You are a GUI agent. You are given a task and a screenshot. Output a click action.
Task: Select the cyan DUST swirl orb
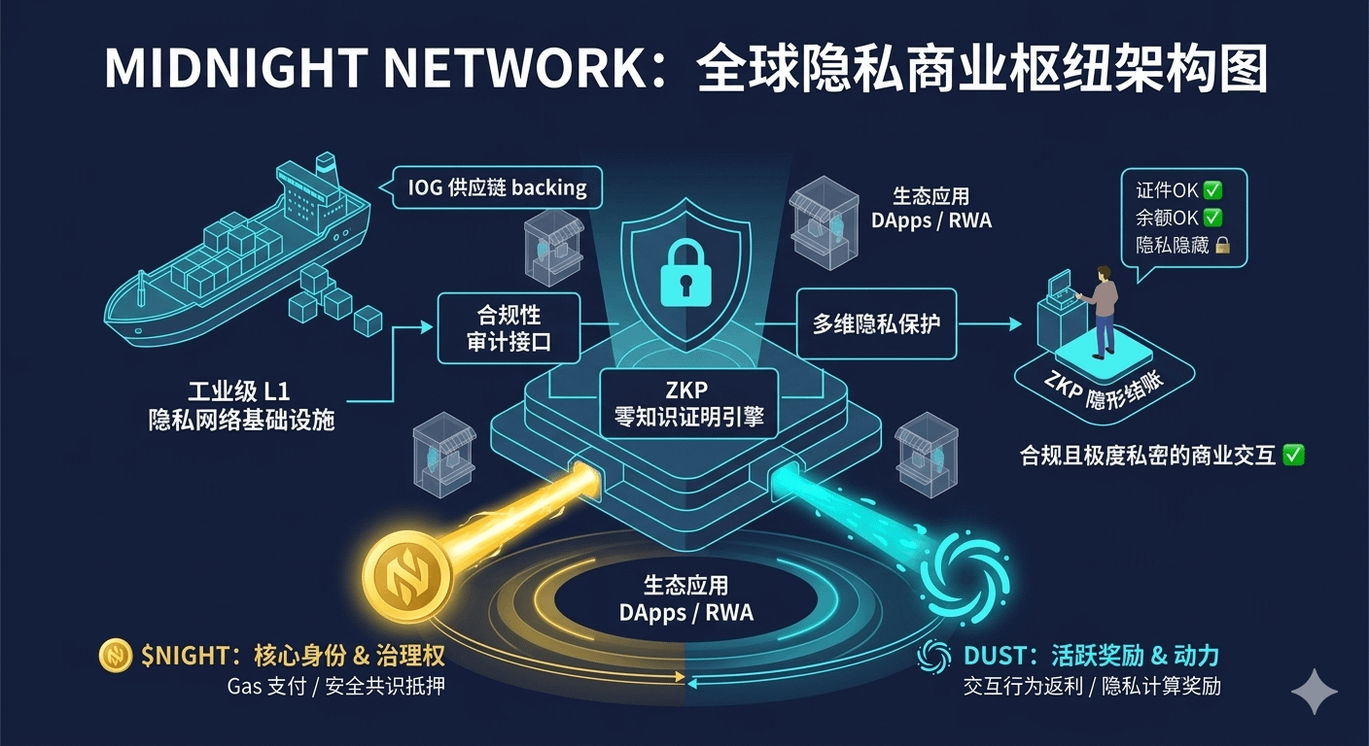964,579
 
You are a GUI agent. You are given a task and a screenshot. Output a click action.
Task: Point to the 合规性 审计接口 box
509,330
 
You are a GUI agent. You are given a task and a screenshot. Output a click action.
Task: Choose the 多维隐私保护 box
875,324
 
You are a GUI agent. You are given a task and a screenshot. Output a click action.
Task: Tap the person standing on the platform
1103,310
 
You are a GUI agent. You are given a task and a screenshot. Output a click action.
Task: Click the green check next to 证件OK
1211,190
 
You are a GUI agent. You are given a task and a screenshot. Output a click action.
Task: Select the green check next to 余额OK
1211,219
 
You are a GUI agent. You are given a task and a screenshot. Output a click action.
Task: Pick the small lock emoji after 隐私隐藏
1222,246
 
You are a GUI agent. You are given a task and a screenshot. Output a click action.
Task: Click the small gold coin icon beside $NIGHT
116,656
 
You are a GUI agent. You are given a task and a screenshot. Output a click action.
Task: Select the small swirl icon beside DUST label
934,656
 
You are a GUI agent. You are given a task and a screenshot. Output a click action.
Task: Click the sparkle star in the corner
1314,691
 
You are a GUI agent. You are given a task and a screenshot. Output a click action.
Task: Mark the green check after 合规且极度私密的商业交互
1293,454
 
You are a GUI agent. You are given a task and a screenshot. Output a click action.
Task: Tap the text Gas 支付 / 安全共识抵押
335,687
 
